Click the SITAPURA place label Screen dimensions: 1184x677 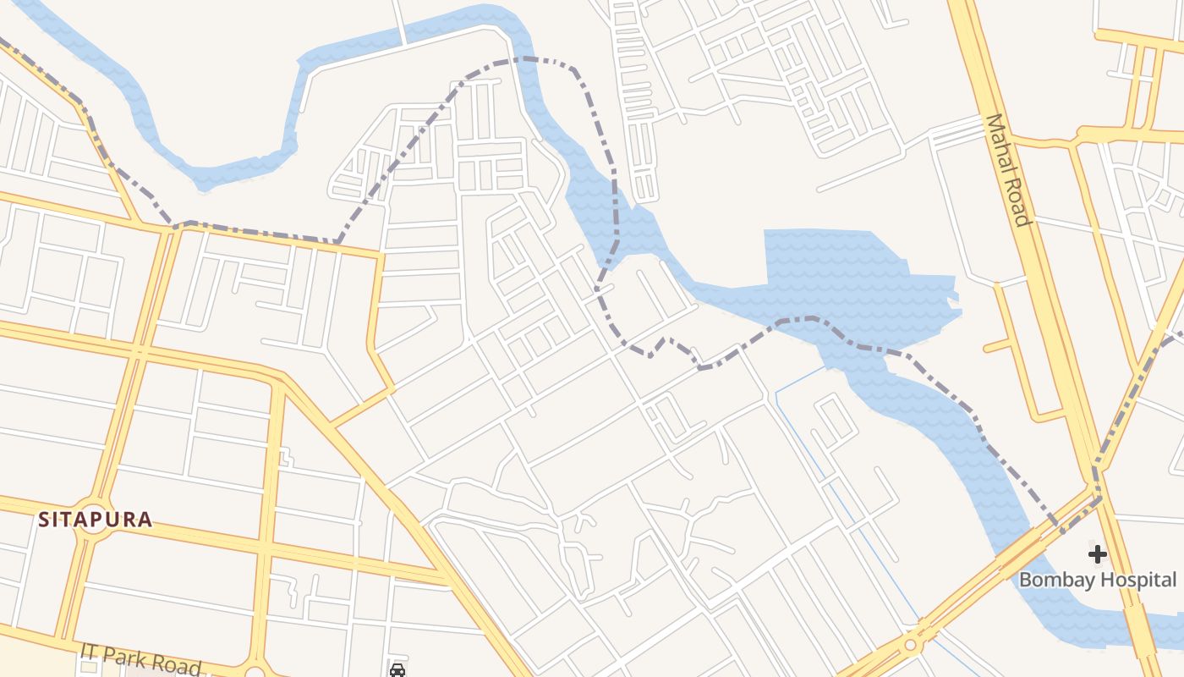click(x=96, y=520)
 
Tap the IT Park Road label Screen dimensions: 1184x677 click(x=141, y=659)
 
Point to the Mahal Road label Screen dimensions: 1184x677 click(x=1009, y=169)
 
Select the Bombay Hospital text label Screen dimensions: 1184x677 click(x=1097, y=580)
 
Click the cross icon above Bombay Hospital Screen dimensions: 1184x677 click(x=1097, y=554)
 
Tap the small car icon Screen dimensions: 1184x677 click(x=397, y=670)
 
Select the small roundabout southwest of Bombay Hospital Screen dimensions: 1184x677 click(x=910, y=645)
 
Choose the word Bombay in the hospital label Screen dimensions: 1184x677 click(x=1050, y=580)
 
